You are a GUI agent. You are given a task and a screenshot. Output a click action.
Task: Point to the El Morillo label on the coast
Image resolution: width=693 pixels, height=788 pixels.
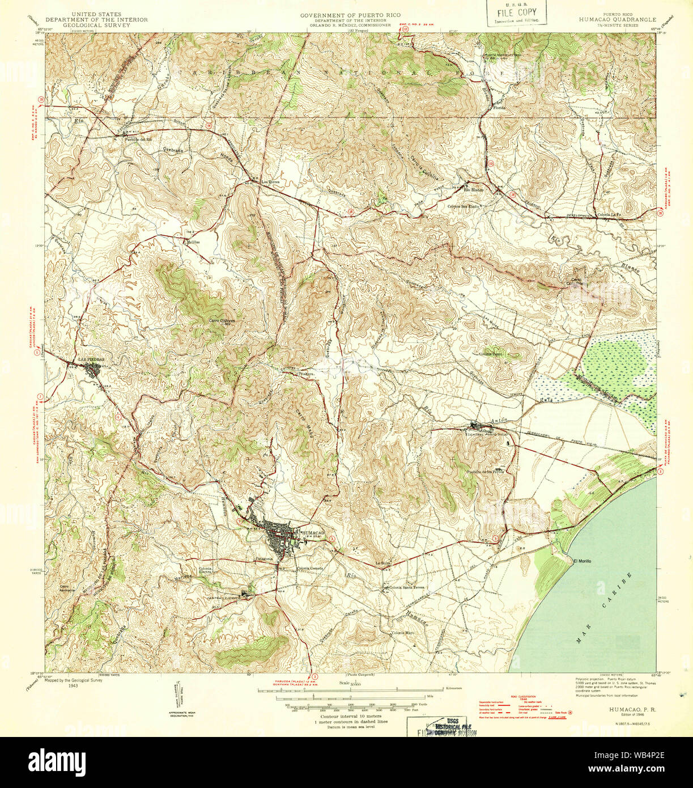(583, 561)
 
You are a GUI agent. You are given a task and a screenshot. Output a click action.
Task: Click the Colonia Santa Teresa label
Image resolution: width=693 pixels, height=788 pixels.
(406, 588)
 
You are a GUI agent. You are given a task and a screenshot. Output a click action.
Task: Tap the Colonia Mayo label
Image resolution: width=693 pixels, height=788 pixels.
(402, 633)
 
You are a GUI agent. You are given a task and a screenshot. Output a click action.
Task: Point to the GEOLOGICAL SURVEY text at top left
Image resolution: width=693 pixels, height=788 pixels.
(96, 25)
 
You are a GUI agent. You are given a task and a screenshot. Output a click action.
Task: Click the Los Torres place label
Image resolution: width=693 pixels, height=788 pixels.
(271, 182)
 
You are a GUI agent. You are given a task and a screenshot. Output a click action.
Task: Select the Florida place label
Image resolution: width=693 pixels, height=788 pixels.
(499, 107)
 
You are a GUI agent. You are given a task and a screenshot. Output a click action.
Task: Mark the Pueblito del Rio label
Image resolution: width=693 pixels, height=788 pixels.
(138, 139)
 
